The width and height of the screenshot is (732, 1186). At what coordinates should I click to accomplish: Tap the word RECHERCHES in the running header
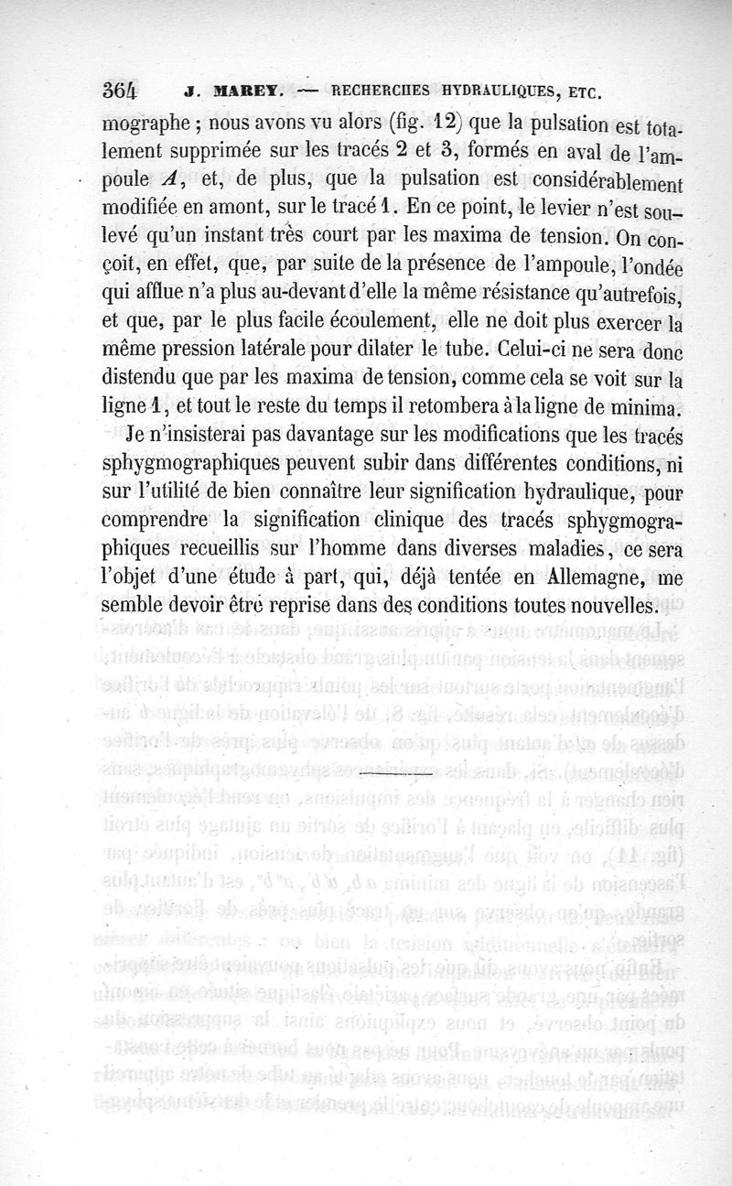[377, 92]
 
